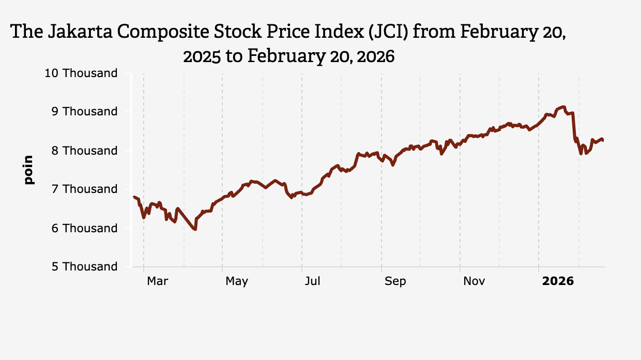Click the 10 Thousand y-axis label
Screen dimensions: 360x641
pyautogui.click(x=81, y=73)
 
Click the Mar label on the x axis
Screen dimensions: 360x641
pyautogui.click(x=157, y=281)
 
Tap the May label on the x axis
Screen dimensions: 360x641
pyautogui.click(x=237, y=281)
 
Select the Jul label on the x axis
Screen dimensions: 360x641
pyautogui.click(x=312, y=281)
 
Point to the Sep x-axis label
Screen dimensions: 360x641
pyautogui.click(x=395, y=281)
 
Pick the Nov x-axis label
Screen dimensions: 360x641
pyautogui.click(x=474, y=281)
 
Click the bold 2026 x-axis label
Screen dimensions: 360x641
pyautogui.click(x=558, y=281)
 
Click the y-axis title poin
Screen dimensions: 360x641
pyautogui.click(x=28, y=170)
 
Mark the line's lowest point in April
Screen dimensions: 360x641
pyautogui.click(x=195, y=229)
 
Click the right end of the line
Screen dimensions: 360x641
pyautogui.click(x=603, y=140)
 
